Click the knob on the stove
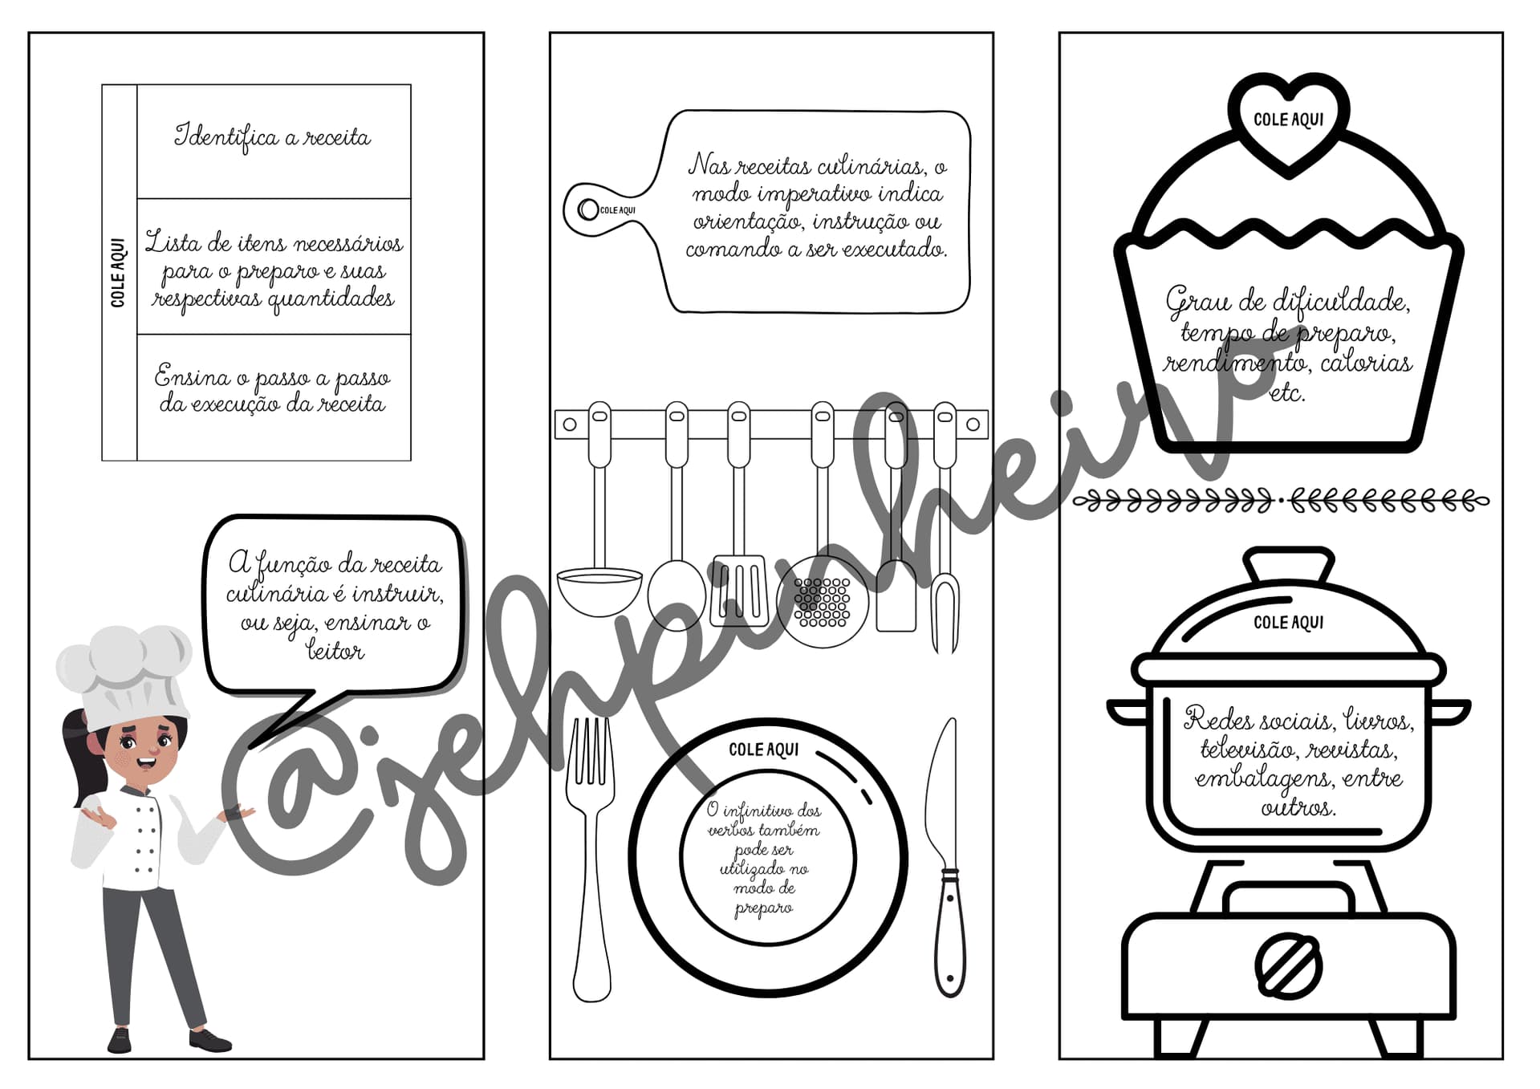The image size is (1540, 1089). coord(1288,965)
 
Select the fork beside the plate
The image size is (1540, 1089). coord(591,859)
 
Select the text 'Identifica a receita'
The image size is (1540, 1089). coord(273,137)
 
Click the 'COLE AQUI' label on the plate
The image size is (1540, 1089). coord(763,750)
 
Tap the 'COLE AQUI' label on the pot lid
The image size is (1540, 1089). coord(1289,623)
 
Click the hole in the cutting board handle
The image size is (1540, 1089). coord(588,210)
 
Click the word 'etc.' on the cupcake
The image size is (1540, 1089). coord(1287,393)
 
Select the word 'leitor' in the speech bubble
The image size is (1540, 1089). coord(335,650)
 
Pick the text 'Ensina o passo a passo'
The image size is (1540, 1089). coord(273,377)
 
